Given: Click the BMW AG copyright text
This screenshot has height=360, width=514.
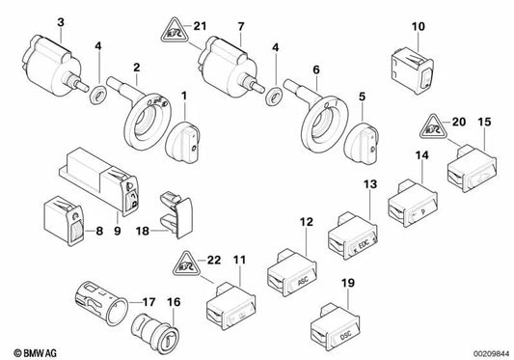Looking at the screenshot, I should click(x=30, y=346).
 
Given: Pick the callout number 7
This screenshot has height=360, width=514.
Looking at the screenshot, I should click(x=242, y=22).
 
